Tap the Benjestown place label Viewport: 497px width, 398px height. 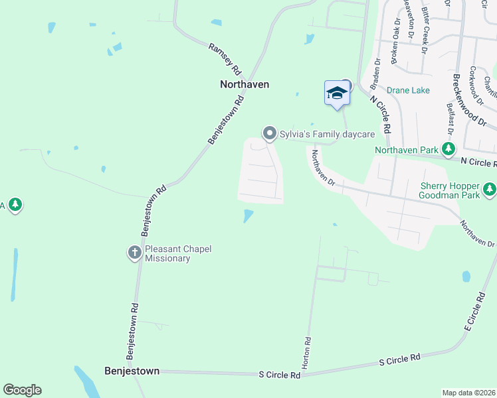click(x=132, y=371)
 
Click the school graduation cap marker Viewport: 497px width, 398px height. click(x=337, y=92)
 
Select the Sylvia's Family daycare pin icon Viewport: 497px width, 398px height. click(x=270, y=134)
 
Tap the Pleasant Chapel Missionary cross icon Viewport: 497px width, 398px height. click(x=134, y=252)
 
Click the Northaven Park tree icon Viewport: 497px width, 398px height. click(x=449, y=149)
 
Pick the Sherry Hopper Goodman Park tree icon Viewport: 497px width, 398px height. click(x=490, y=190)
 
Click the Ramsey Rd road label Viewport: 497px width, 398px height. click(x=225, y=59)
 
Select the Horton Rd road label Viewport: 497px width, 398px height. click(x=308, y=352)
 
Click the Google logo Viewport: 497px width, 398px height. click(x=22, y=390)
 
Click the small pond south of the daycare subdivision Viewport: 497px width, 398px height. click(x=248, y=216)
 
